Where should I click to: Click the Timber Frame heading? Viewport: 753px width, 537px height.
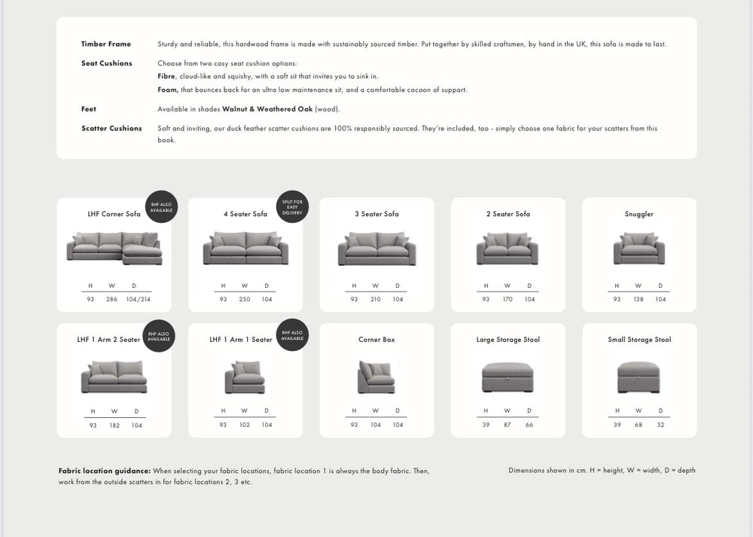click(106, 44)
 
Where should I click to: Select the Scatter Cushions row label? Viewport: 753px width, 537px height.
click(111, 129)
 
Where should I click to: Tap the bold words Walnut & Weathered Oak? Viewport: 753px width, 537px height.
click(267, 109)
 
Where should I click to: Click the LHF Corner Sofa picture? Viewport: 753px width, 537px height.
click(114, 248)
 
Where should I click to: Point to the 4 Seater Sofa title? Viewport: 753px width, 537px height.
click(245, 214)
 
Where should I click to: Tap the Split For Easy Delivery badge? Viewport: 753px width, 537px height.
click(292, 207)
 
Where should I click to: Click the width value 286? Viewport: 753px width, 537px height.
click(112, 299)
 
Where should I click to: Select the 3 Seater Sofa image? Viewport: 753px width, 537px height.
click(377, 249)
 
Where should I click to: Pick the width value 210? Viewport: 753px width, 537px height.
click(376, 299)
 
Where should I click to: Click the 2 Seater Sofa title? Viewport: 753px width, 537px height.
click(508, 214)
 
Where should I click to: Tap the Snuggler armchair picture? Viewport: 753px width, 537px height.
click(639, 249)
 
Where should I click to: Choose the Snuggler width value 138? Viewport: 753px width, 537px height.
click(639, 299)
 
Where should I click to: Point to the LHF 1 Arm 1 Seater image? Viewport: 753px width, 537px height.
click(245, 377)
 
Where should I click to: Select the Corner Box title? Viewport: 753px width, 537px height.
click(376, 340)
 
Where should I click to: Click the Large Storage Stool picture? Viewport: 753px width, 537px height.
click(508, 377)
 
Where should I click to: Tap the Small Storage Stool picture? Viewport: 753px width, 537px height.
click(639, 377)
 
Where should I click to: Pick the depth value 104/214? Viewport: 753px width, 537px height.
click(139, 299)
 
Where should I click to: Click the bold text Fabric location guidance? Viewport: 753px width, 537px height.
click(105, 471)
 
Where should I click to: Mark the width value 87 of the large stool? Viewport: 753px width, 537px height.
click(508, 425)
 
